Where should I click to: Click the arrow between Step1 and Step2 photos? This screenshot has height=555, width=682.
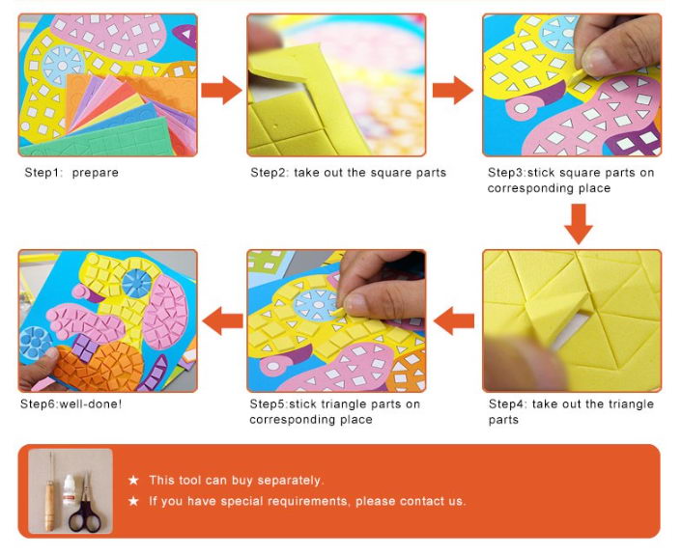coord(221,90)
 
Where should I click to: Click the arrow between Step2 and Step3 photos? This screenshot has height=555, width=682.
coord(453,90)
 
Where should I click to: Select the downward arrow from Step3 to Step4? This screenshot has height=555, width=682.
coord(579,224)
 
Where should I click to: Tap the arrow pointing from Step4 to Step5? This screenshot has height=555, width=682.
coord(454,320)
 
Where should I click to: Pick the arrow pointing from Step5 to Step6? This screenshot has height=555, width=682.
coord(223,320)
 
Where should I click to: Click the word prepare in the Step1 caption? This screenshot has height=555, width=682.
coord(96,173)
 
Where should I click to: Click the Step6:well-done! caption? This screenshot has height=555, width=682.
coord(71,404)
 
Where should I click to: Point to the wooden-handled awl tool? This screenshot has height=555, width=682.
coord(50,493)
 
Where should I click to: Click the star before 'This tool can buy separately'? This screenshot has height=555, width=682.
coord(133,481)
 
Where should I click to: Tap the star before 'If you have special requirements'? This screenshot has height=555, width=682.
coord(133,501)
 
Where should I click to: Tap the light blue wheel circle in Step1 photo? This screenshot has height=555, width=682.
coord(63,66)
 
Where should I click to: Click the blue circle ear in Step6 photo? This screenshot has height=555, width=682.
coord(136,283)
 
